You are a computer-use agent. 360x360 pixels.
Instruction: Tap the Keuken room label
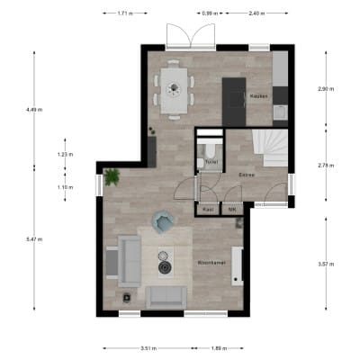click(259, 95)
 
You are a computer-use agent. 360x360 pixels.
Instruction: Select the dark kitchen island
click(234, 101)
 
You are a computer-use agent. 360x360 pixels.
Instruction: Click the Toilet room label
click(211, 162)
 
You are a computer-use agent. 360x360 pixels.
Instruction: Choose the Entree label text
click(247, 174)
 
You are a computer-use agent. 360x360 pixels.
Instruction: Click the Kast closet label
click(208, 210)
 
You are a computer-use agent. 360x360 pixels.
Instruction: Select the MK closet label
click(232, 210)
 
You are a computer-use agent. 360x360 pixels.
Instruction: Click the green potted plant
click(112, 177)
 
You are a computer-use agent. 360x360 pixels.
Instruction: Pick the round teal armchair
click(164, 220)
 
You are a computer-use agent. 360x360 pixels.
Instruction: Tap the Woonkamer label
click(210, 264)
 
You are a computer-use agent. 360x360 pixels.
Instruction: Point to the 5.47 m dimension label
click(34, 240)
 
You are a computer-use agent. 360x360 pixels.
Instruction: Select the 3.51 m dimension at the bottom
click(149, 347)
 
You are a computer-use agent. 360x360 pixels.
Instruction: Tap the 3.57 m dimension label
click(327, 264)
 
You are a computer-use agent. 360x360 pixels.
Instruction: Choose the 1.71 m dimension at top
click(124, 13)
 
